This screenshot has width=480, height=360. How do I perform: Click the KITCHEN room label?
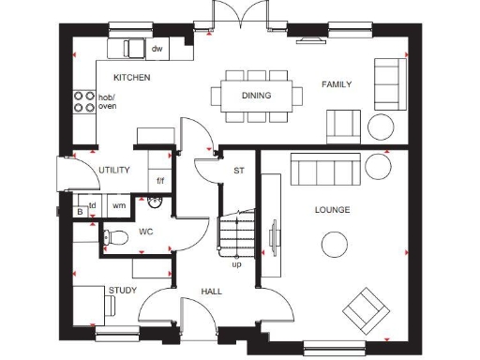tap(131, 78)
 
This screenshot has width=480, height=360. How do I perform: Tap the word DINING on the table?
tap(256, 96)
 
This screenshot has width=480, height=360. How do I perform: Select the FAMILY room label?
tap(337, 84)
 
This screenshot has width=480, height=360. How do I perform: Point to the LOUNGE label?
tap(333, 210)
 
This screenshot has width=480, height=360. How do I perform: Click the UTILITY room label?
tap(114, 170)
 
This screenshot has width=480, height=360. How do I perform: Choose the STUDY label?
tap(122, 291)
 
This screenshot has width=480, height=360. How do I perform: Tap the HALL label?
tap(212, 292)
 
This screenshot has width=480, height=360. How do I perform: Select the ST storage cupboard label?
tap(239, 171)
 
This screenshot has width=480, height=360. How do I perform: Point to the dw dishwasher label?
tap(157, 48)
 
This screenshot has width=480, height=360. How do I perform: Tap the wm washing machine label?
tap(119, 204)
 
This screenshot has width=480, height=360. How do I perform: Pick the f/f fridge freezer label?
tap(160, 180)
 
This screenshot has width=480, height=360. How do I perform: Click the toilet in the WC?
tap(114, 237)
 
